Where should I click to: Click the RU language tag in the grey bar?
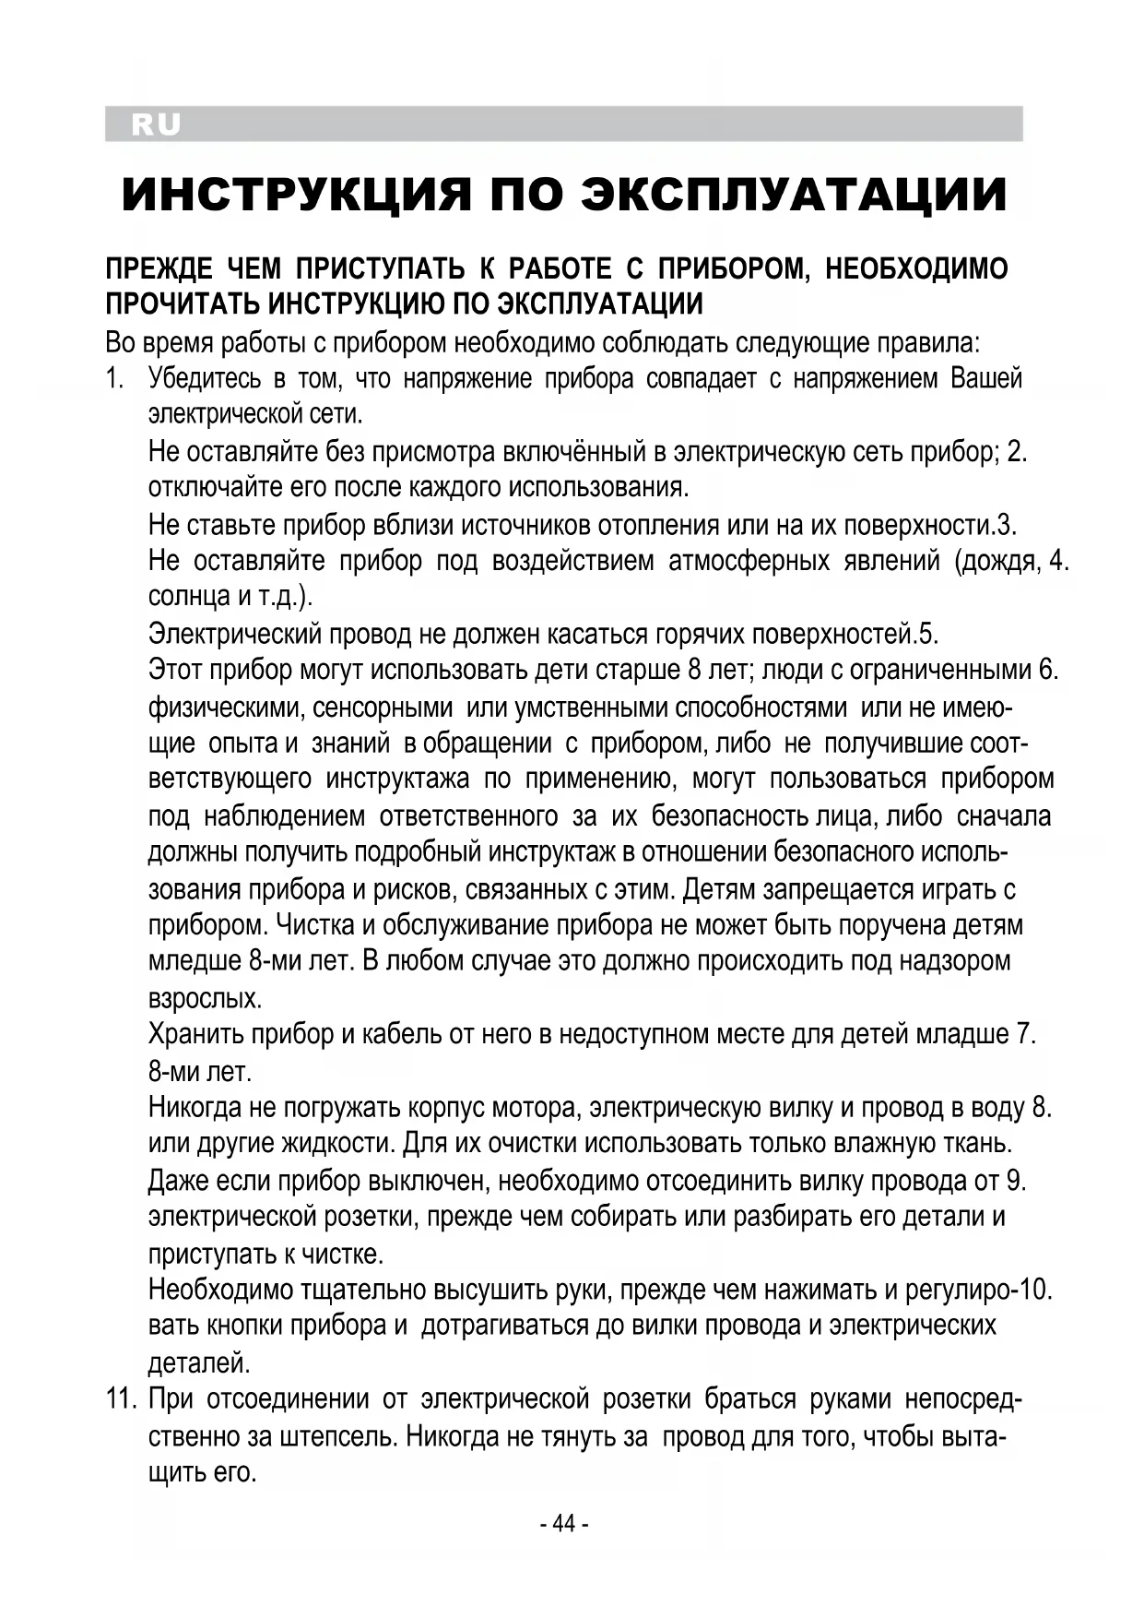pyautogui.click(x=156, y=125)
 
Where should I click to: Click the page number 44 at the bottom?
pyautogui.click(x=563, y=1523)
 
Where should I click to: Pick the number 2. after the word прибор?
pyautogui.click(x=1017, y=452)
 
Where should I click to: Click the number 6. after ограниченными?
pyautogui.click(x=1048, y=670)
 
